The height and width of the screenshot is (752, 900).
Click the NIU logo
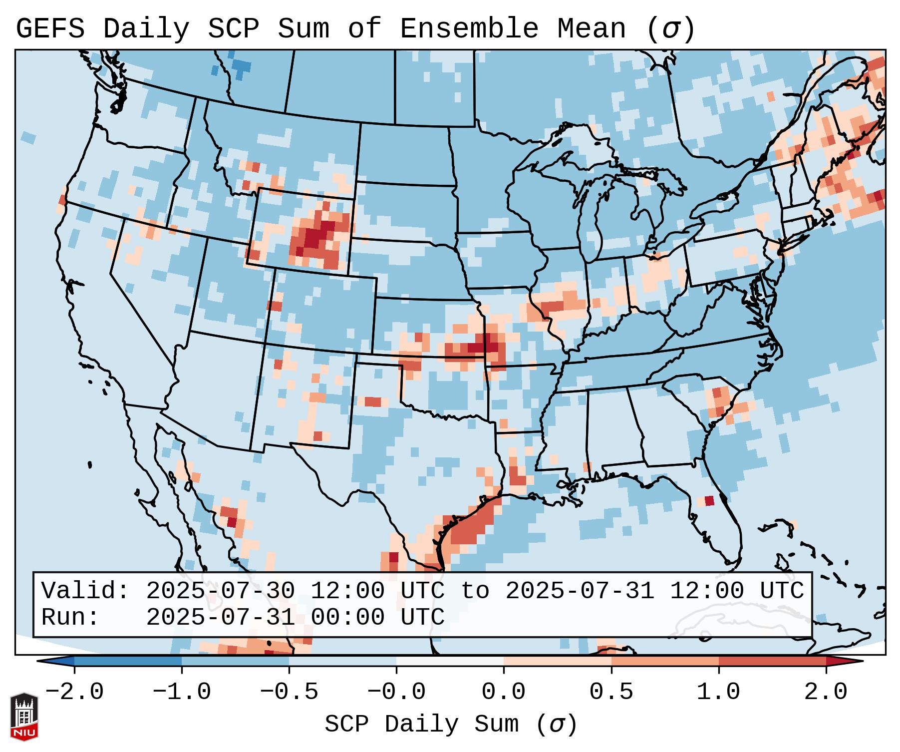pos(24,717)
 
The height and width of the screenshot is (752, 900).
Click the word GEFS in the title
pos(50,29)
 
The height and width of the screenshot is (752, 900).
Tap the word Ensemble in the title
pos(469,29)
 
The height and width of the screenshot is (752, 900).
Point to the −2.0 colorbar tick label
pos(74,692)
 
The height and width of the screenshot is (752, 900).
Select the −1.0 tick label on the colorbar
pos(182,692)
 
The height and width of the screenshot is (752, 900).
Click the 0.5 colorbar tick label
pos(611,692)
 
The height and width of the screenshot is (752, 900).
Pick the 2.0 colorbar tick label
pos(826,692)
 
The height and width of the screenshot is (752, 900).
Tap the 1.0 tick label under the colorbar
pos(718,692)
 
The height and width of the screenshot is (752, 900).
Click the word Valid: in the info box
pos(85,591)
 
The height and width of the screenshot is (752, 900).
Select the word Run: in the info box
pos(70,617)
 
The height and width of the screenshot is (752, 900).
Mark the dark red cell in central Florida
pos(709,500)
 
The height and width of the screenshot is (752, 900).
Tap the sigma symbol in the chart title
pos(670,29)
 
